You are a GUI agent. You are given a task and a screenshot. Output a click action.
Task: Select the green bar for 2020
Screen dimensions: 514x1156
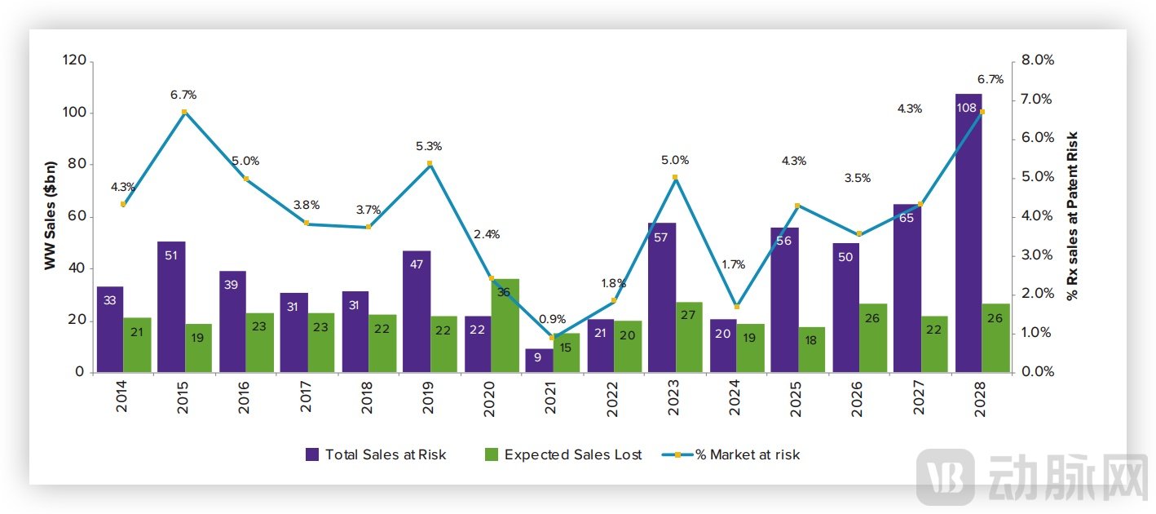point(505,326)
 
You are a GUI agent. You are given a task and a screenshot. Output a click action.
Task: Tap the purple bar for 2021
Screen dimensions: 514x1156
point(538,361)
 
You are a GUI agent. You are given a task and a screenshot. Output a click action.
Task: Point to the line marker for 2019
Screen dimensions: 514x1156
point(430,164)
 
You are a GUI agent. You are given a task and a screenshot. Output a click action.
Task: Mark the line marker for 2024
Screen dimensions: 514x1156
point(736,307)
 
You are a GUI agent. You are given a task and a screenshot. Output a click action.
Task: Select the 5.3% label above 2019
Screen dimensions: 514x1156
point(428,147)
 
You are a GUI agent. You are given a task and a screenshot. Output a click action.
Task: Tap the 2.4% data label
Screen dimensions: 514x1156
point(487,235)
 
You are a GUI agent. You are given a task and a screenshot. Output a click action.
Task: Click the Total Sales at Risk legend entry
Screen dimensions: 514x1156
point(376,455)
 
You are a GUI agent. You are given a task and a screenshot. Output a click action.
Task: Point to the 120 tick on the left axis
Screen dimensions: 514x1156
point(74,60)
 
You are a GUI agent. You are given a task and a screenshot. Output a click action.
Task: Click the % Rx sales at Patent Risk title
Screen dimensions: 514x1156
point(1072,216)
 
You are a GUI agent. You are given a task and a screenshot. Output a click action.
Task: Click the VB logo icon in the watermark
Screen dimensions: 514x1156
point(945,477)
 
